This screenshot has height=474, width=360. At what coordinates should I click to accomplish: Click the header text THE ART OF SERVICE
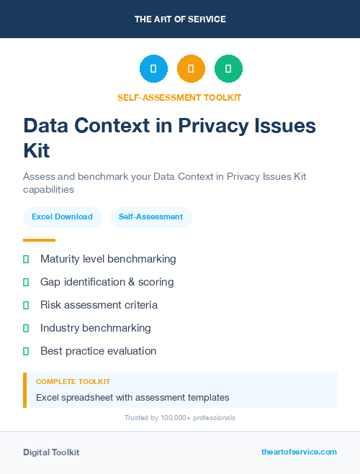click(x=180, y=19)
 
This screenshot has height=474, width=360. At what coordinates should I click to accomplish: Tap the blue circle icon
click(x=153, y=69)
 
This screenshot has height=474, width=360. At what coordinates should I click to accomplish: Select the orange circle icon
click(x=191, y=69)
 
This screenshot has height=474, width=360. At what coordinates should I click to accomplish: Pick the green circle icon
click(x=228, y=69)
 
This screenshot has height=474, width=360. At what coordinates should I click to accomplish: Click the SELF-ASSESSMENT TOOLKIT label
click(x=179, y=98)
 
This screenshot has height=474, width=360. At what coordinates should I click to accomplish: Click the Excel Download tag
click(x=62, y=217)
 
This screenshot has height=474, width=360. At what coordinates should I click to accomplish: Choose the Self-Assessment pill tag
click(x=150, y=217)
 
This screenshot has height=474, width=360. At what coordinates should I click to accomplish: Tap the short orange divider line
click(x=39, y=240)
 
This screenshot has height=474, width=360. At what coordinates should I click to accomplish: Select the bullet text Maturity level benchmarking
click(x=108, y=259)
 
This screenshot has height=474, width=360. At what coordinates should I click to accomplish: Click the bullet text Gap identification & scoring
click(x=107, y=282)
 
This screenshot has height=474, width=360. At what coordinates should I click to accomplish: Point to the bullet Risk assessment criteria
click(x=99, y=305)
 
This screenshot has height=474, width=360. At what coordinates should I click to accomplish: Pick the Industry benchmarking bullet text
click(x=95, y=328)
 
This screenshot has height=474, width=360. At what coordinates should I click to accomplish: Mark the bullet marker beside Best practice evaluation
click(x=26, y=351)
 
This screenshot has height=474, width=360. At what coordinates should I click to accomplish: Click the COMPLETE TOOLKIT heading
click(x=73, y=382)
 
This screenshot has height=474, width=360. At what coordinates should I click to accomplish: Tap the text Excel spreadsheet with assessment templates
click(x=132, y=397)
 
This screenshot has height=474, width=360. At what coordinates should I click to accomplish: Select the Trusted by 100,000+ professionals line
click(x=180, y=417)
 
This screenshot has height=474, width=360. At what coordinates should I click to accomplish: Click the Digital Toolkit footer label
click(x=51, y=452)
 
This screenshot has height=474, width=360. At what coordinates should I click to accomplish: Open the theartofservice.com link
click(x=299, y=452)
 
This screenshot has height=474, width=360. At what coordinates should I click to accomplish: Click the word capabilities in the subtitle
click(x=49, y=190)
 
